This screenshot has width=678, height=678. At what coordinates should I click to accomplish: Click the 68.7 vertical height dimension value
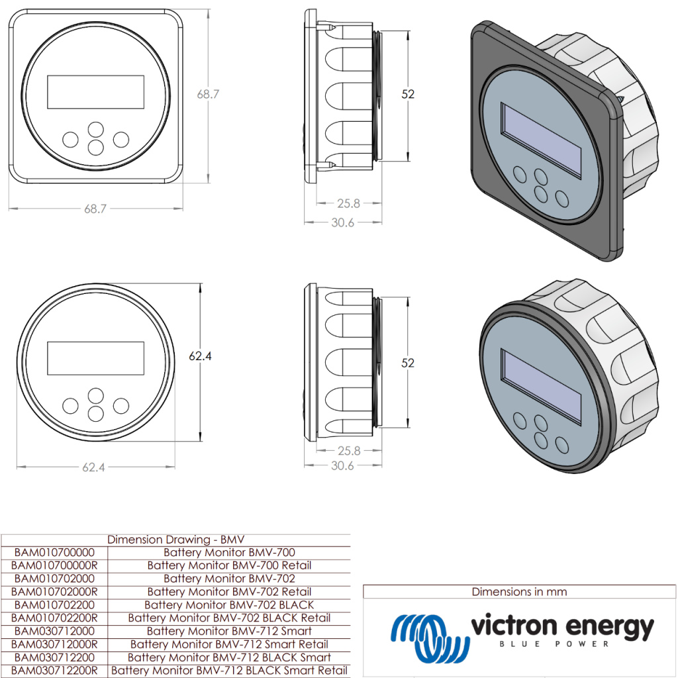(208, 94)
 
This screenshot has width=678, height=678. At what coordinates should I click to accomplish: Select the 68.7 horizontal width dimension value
(95, 209)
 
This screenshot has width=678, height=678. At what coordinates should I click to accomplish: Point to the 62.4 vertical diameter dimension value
(200, 356)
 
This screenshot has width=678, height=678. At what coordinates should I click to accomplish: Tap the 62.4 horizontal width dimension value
(93, 467)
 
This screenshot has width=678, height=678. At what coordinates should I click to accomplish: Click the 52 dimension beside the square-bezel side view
(408, 94)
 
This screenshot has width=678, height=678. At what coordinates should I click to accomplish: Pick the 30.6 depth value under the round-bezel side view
(342, 465)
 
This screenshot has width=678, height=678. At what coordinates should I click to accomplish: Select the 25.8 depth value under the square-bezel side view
(348, 203)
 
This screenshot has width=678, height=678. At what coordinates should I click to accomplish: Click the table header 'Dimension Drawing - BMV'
(176, 539)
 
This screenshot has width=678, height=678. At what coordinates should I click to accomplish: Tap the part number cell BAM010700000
(54, 552)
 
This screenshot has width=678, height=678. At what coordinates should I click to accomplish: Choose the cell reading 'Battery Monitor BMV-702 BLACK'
(229, 605)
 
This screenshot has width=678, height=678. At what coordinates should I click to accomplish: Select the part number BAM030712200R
(54, 670)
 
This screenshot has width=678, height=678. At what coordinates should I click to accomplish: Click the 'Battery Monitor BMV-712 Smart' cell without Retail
(229, 631)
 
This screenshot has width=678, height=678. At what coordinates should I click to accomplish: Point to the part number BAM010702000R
(54, 591)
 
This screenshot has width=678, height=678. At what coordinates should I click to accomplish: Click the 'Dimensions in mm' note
(519, 591)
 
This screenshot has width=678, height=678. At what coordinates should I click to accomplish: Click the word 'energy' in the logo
(610, 626)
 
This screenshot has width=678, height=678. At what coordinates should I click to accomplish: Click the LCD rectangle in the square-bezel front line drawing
(95, 92)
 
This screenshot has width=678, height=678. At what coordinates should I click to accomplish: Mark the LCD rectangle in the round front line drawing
(95, 358)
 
